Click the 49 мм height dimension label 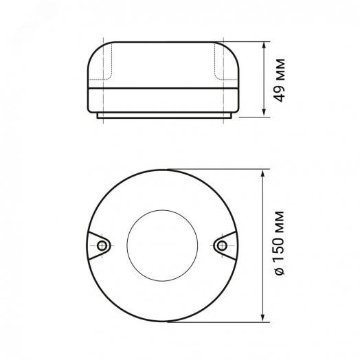280,80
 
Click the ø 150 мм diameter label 280,243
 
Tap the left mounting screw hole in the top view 102,246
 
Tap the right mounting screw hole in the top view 222,246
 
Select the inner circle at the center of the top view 162,210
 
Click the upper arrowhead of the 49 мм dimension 264,45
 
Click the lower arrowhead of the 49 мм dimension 264,113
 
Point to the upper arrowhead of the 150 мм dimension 263,173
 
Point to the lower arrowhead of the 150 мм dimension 263,318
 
